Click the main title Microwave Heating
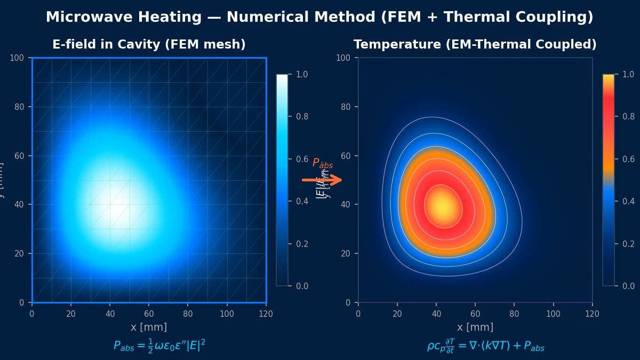pyautogui.click(x=319, y=17)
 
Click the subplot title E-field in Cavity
pyautogui.click(x=149, y=45)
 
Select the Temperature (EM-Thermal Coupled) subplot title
pyautogui.click(x=475, y=45)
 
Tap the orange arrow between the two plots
pyautogui.click(x=322, y=180)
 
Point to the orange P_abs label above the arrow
pyautogui.click(x=322, y=163)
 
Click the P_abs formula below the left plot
pyautogui.click(x=159, y=346)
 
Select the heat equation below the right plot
pyautogui.click(x=485, y=346)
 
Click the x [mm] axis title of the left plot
pyautogui.click(x=149, y=327)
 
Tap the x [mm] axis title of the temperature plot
pyautogui.click(x=475, y=327)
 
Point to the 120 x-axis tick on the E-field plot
pyautogui.click(x=266, y=314)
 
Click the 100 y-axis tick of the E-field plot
pyautogui.click(x=20, y=58)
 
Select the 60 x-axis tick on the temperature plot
pyautogui.click(x=475, y=314)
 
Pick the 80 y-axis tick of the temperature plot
pyautogui.click(x=346, y=107)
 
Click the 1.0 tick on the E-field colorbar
pyautogui.click(x=302, y=74)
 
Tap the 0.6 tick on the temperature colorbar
pyautogui.click(x=628, y=159)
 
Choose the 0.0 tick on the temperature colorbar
pyautogui.click(x=628, y=286)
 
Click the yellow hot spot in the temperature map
pyautogui.click(x=442, y=206)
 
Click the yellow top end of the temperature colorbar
pyautogui.click(x=608, y=77)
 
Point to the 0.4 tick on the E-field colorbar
pyautogui.click(x=302, y=201)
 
